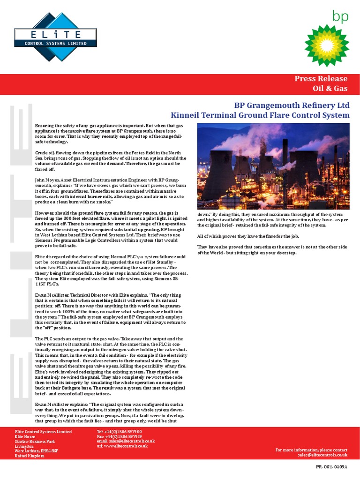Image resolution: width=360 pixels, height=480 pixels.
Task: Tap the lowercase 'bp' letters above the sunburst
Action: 341,15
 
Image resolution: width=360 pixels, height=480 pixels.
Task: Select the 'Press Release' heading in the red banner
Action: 321,79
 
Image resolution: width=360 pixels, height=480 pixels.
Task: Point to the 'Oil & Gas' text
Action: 330,88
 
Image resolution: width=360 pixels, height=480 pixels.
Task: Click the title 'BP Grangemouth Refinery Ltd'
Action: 292,105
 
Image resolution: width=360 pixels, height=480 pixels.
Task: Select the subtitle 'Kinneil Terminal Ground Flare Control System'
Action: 260,115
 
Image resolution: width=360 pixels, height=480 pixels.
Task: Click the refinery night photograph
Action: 273,166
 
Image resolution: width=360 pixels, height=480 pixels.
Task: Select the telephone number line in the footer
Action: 119,431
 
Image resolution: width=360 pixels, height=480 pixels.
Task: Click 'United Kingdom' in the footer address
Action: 30,456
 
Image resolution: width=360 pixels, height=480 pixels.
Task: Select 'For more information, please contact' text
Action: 311,450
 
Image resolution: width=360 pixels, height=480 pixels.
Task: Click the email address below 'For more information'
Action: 322,455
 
